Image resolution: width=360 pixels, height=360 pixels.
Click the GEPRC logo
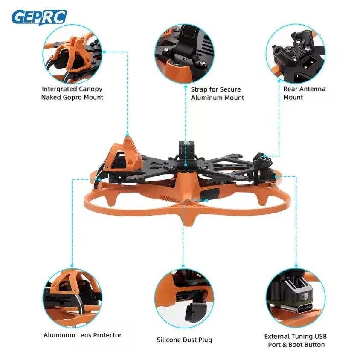click(x=39, y=17)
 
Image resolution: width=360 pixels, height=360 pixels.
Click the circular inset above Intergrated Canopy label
click(x=72, y=54)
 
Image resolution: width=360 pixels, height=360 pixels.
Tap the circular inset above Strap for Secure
click(x=185, y=54)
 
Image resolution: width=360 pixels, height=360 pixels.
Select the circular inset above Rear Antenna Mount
click(x=295, y=54)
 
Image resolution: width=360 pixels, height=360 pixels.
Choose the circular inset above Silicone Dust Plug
click(x=184, y=298)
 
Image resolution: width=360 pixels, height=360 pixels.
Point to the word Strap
click(x=199, y=89)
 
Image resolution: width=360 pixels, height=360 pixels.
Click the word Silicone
click(x=169, y=340)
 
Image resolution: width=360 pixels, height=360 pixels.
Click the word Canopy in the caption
click(x=90, y=89)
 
